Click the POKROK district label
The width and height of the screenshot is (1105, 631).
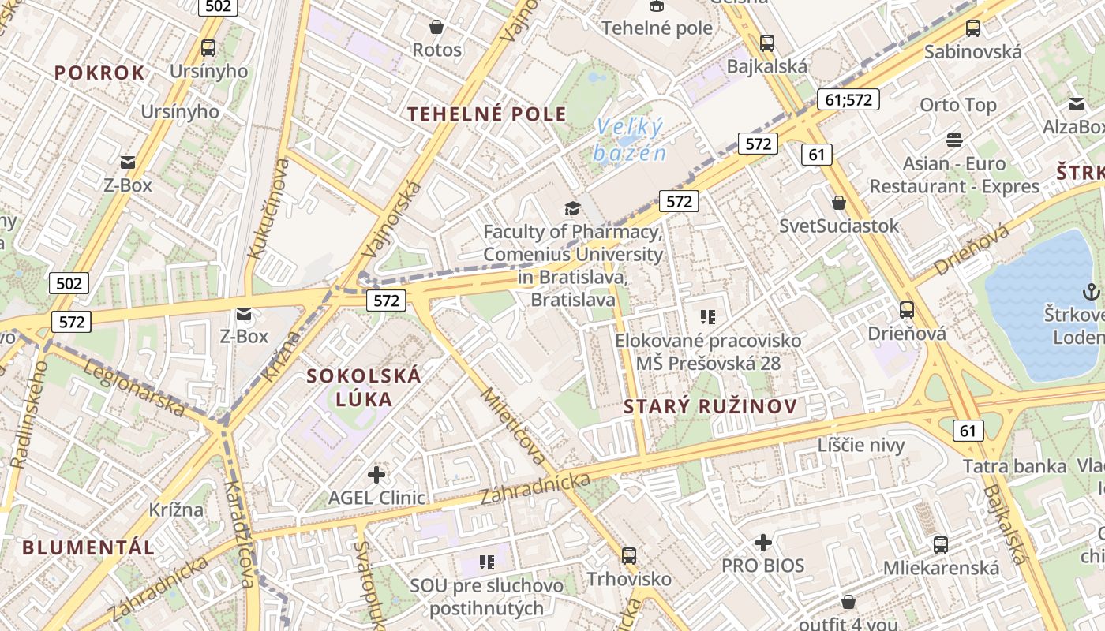click(99, 73)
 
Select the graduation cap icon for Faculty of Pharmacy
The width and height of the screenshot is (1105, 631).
click(572, 208)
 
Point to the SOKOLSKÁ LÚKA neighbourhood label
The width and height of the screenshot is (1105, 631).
click(364, 387)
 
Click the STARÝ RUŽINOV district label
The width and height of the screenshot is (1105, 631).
click(710, 407)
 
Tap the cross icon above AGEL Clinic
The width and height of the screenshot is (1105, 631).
click(376, 475)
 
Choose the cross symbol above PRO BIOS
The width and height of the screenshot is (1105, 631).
click(762, 543)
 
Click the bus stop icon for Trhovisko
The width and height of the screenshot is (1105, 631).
click(629, 555)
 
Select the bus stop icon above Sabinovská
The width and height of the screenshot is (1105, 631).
click(973, 28)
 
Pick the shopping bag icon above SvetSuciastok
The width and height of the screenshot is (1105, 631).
click(838, 203)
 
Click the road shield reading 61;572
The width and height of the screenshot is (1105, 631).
click(848, 99)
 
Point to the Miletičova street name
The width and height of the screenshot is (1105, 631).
click(513, 426)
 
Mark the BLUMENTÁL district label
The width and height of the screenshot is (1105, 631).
click(88, 547)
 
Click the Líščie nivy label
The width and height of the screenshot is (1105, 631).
click(861, 445)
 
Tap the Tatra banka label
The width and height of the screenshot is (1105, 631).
click(1014, 466)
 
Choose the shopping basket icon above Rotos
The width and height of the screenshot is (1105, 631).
click(436, 27)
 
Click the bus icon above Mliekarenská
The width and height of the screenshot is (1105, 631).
click(940, 544)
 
